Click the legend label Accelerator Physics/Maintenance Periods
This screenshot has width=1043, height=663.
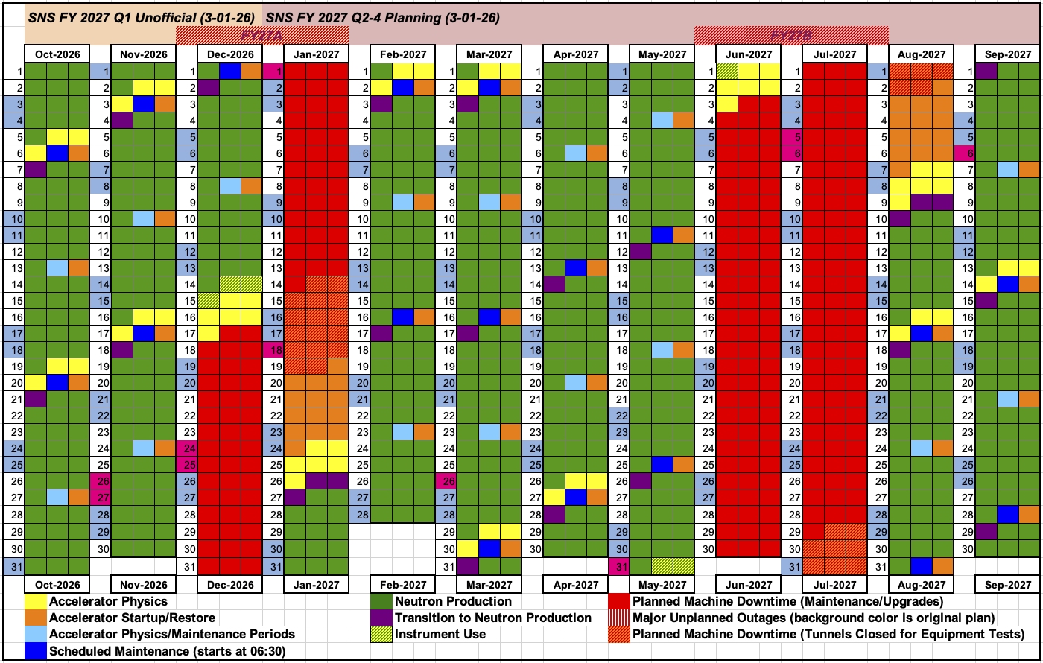click(x=171, y=635)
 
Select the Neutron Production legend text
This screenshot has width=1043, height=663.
click(x=453, y=601)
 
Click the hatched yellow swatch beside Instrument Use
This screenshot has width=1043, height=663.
click(x=382, y=635)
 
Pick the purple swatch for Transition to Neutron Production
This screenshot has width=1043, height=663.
click(x=382, y=618)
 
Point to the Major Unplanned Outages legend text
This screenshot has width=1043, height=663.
click(x=813, y=618)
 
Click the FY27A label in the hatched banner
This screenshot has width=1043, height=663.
click(x=262, y=35)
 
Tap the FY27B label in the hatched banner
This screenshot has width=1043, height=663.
click(x=791, y=35)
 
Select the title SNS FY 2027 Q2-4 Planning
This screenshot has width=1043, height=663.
click(x=382, y=16)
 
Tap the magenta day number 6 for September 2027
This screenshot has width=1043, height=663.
click(x=965, y=153)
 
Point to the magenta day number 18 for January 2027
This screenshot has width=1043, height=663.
click(x=273, y=349)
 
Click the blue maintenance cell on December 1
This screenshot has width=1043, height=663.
click(x=230, y=71)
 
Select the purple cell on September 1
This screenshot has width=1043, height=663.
click(x=986, y=71)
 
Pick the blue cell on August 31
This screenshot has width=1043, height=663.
click(x=922, y=566)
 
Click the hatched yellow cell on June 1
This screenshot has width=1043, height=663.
click(x=727, y=71)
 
